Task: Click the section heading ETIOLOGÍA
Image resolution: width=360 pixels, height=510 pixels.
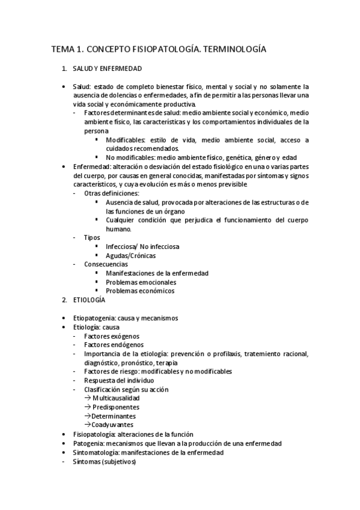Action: [x=88, y=299]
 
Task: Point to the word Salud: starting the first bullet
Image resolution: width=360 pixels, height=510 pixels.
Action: [x=82, y=86]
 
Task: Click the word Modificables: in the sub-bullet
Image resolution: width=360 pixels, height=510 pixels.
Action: [x=126, y=140]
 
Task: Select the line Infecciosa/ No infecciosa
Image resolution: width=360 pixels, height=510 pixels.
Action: [x=142, y=246]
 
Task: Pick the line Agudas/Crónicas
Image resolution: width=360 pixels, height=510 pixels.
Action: [x=130, y=255]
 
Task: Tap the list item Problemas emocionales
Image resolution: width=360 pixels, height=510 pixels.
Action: [x=141, y=281]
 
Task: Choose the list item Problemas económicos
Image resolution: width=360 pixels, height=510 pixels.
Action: [x=140, y=290]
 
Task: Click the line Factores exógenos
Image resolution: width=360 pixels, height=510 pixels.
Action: [x=112, y=336]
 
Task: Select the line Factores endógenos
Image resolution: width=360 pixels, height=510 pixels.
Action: [x=114, y=345]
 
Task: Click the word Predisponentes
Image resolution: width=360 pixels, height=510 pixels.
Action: [x=114, y=407]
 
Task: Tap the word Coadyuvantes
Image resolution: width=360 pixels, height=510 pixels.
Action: [x=112, y=425]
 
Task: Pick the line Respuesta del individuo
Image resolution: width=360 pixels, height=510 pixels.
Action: [x=119, y=381]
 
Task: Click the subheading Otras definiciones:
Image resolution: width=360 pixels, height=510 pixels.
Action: [x=112, y=193]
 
